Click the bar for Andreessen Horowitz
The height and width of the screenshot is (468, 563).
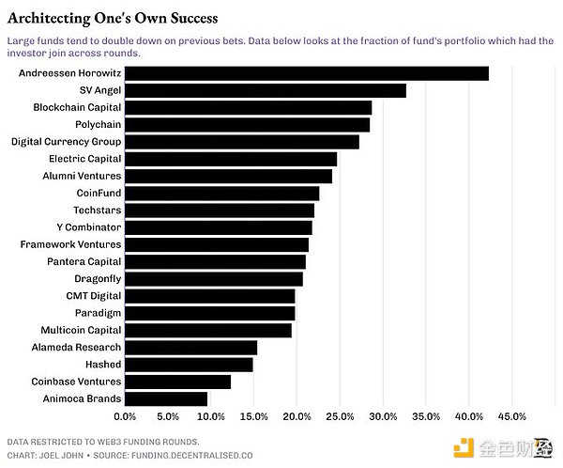pyautogui.click(x=306, y=73)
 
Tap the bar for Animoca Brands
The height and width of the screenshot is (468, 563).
pyautogui.click(x=165, y=398)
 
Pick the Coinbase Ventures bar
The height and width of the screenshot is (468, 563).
pyautogui.click(x=177, y=382)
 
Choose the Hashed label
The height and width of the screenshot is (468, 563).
pyautogui.click(x=103, y=365)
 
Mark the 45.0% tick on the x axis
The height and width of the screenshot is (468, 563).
pyautogui.click(x=510, y=415)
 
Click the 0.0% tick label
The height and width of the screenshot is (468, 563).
pyautogui.click(x=124, y=415)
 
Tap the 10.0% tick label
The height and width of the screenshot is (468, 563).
pyautogui.click(x=210, y=415)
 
